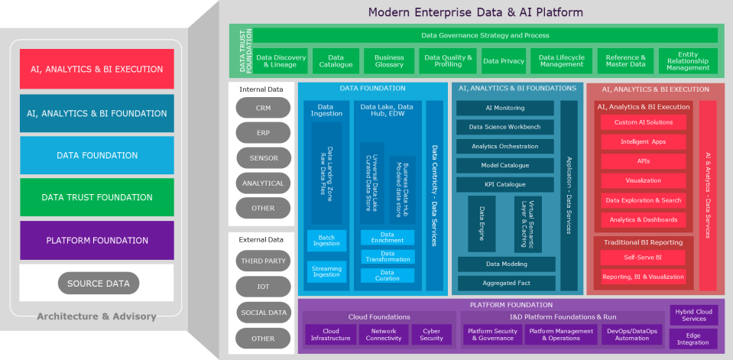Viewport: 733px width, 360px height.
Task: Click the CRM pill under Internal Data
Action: [263, 109]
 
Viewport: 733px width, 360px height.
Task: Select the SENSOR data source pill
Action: [263, 158]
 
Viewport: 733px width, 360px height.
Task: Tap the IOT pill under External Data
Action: [263, 287]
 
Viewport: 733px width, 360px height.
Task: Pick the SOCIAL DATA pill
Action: [263, 313]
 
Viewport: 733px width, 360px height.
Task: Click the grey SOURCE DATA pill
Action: [98, 284]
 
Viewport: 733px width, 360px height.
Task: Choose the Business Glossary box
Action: [389, 61]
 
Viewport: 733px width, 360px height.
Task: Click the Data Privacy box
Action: [504, 61]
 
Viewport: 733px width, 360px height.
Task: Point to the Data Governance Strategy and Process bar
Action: [485, 35]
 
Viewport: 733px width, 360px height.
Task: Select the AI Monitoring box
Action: [505, 109]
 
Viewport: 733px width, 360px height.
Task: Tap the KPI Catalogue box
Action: [505, 184]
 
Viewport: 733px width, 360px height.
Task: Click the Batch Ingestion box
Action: [326, 240]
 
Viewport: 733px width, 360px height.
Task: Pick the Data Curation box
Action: [388, 275]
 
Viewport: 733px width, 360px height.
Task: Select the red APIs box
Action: [643, 161]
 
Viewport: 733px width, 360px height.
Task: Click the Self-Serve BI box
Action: [643, 258]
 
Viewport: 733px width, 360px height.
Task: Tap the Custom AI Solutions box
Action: [643, 122]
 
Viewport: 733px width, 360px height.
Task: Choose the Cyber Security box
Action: [431, 334]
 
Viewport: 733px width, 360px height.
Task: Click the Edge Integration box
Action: [693, 339]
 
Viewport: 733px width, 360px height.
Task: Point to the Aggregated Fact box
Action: [505, 283]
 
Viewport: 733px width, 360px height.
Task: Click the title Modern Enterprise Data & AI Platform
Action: [475, 12]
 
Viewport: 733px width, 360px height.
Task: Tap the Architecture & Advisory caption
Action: [96, 316]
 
